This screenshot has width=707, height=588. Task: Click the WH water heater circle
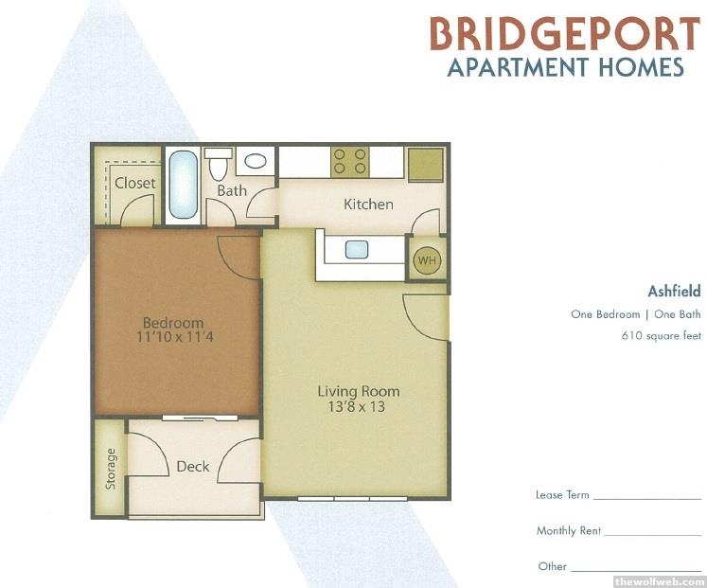pos(427,260)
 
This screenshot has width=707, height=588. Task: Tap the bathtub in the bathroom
pos(183,185)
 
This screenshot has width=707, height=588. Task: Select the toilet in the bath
pos(219,163)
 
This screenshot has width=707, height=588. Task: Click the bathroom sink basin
pos(256,161)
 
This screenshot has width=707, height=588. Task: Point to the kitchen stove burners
pos(350,161)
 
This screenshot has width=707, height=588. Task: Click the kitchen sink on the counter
pos(357,249)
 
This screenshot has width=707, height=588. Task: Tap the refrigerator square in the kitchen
pos(426,164)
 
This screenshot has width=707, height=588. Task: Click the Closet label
pos(134,183)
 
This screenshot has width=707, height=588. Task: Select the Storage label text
pos(111,469)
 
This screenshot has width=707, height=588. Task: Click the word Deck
pos(193,466)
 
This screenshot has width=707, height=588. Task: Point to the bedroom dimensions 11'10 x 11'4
pos(174,336)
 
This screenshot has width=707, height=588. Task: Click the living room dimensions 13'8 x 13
pos(356,406)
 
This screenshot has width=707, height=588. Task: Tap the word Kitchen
pos(368,205)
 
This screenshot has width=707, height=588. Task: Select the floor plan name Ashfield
pos(674,292)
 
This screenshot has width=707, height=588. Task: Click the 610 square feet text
pos(661,335)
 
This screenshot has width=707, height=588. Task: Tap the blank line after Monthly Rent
pos(653,535)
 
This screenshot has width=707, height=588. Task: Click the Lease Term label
pos(562,494)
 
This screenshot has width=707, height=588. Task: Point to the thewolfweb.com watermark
pos(660,581)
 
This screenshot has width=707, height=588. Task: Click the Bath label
pos(232,190)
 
